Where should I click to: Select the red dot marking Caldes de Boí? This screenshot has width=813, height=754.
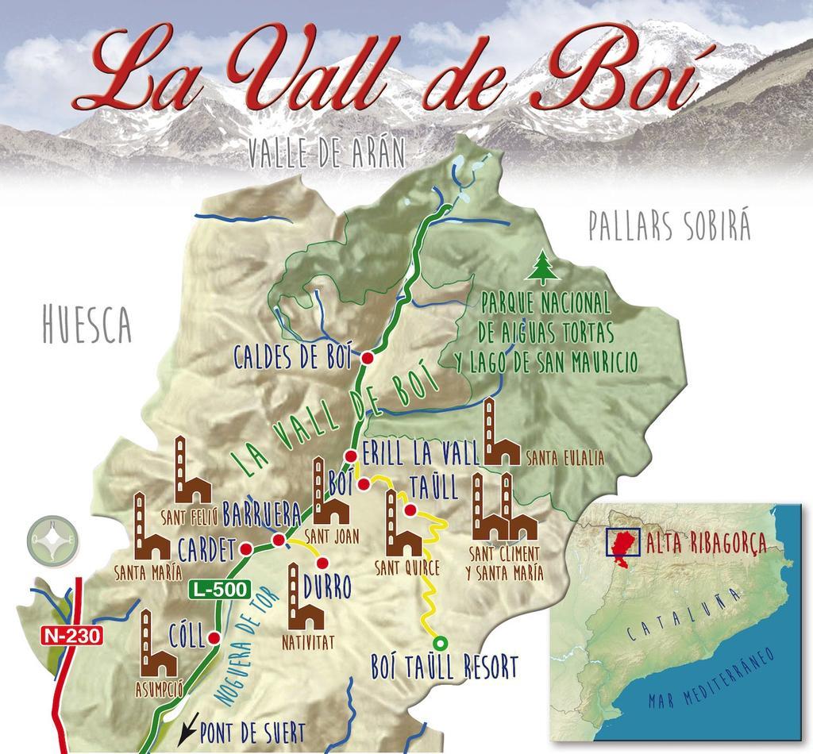pyautogui.click(x=368, y=359)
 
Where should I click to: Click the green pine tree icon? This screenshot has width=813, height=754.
pyautogui.click(x=542, y=268)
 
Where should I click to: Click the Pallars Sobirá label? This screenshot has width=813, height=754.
pyautogui.click(x=669, y=227)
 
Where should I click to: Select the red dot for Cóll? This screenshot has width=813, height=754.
pyautogui.click(x=214, y=637)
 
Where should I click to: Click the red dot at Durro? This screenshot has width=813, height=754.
pyautogui.click(x=322, y=563)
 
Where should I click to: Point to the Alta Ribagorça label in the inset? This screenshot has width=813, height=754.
pyautogui.click(x=706, y=544)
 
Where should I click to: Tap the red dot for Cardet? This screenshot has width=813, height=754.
pyautogui.click(x=246, y=548)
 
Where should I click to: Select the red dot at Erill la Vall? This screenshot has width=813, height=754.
pyautogui.click(x=350, y=456)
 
